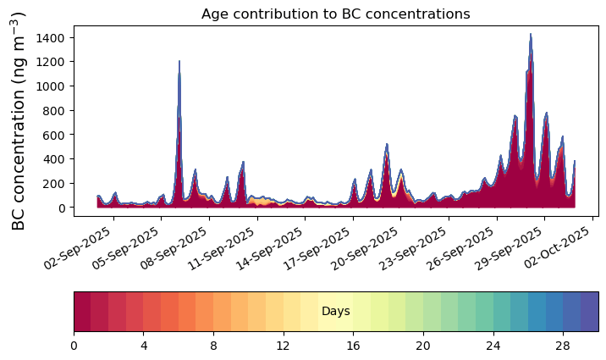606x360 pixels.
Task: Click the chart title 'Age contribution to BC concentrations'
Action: (x=335, y=14)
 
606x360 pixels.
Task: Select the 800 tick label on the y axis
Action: (x=55, y=110)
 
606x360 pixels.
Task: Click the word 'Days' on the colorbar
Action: (x=336, y=311)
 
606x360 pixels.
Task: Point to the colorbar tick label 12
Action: (x=284, y=346)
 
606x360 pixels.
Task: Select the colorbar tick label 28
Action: (x=563, y=346)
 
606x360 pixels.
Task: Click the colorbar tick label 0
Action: (x=74, y=346)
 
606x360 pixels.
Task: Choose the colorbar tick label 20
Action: (x=423, y=346)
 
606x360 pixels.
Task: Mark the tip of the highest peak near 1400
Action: (x=531, y=34)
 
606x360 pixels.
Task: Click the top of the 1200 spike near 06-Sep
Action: (x=179, y=61)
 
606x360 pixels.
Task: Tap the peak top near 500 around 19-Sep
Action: (x=387, y=144)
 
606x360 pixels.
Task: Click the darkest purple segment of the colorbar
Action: (x=590, y=312)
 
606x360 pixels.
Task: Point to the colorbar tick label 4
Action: (x=144, y=346)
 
